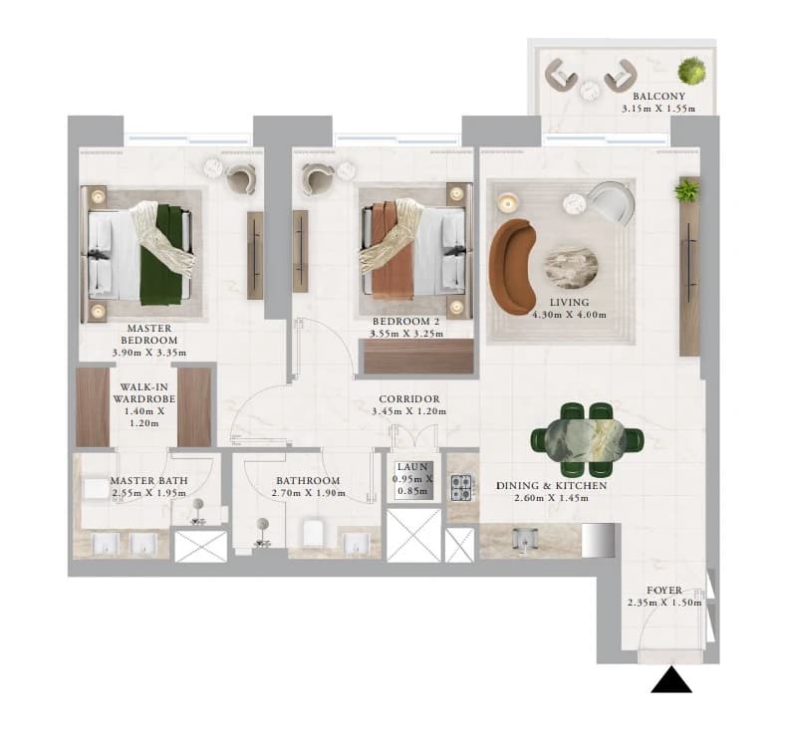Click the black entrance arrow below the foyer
coord(671,681)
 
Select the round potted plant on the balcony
coord(693,71)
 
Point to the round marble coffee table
coord(571,269)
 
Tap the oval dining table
coord(587,440)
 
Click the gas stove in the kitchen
coord(461,487)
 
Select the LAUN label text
coord(412,467)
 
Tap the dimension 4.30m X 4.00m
coord(569,315)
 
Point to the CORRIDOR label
coord(409,399)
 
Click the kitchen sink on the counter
coord(524,540)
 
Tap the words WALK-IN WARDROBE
coord(144,393)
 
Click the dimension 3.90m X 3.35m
coord(149,353)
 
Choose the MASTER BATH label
coord(149,481)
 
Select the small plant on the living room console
coord(686,191)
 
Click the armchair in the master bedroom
coord(241,179)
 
